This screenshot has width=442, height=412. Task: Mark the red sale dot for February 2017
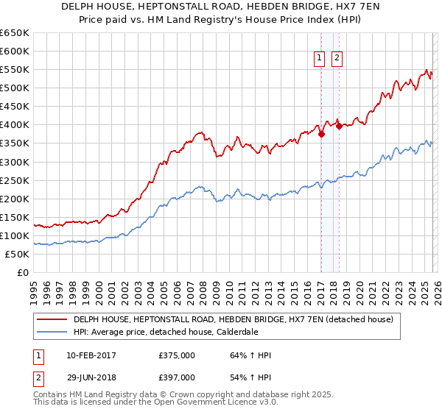tap(321, 134)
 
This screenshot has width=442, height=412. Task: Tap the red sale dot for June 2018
tap(339, 126)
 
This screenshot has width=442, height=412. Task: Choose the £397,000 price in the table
tap(177, 377)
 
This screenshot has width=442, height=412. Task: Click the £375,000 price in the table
tap(177, 356)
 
